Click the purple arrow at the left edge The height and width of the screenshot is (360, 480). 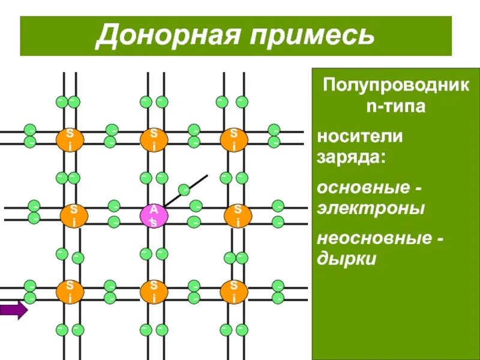coord(13,310)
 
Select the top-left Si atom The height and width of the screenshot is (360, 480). coord(70,139)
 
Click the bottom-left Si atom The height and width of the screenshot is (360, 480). coord(70,291)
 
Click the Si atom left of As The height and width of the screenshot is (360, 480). coord(72,215)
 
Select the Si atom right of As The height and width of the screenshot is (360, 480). coord(238,215)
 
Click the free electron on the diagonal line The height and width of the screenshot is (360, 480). coord(185,189)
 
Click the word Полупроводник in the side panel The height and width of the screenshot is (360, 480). coord(396,85)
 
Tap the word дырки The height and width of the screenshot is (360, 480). coord(347,260)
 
